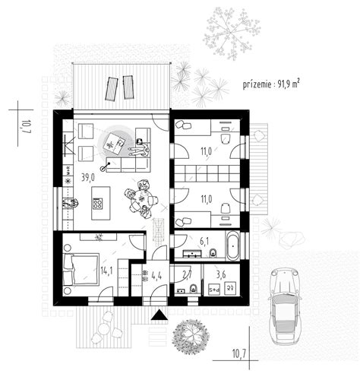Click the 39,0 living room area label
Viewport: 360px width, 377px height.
coord(88,178)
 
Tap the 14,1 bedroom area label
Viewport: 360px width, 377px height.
coord(106,271)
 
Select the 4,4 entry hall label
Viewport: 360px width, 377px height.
coord(156,275)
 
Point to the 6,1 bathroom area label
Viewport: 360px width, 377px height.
coord(204,242)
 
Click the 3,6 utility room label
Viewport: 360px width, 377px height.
coord(221,274)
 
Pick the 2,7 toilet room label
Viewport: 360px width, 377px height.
coord(188,274)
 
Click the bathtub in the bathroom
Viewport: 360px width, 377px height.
coord(232,246)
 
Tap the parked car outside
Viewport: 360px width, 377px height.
coord(285,306)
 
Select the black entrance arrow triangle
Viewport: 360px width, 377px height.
coord(159,315)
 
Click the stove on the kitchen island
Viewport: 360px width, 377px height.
coord(98,204)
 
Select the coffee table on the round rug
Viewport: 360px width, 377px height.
coord(114,144)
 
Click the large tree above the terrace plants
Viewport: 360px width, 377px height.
coord(231,34)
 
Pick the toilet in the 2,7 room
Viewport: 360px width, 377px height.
coord(194,289)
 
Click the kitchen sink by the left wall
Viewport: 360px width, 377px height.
coord(68,203)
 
